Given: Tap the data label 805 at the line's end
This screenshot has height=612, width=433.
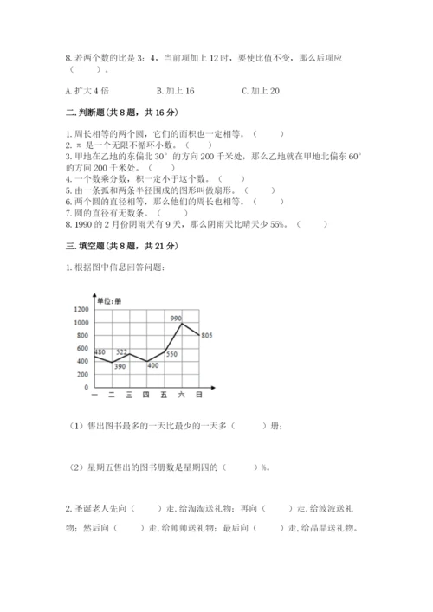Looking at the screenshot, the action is point(206,335).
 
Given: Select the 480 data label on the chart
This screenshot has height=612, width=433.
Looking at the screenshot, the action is point(100,351).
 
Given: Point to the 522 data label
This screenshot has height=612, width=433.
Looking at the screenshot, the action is point(123,351).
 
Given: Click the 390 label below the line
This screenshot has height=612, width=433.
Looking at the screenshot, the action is point(120,367).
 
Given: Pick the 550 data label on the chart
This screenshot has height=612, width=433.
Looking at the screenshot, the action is point(171,354).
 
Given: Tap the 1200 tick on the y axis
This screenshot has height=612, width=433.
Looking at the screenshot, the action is point(82,309).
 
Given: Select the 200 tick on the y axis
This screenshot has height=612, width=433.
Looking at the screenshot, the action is point(84,374).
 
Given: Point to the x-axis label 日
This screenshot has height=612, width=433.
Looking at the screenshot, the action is point(199,395).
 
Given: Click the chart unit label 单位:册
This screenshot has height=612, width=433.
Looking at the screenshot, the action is point(111,300).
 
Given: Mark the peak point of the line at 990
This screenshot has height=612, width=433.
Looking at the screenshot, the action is point(182,323).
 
